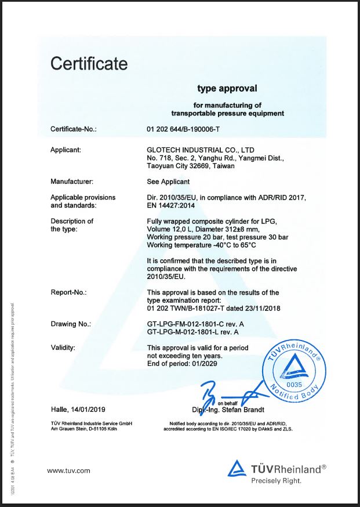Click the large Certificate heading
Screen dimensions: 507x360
point(89,63)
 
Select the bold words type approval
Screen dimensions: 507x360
point(227,89)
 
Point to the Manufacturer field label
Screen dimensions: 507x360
point(72,182)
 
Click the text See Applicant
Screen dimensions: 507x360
point(168,182)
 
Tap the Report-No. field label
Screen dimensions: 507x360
point(68,292)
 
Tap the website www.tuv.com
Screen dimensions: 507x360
point(68,470)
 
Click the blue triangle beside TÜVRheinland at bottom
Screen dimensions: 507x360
point(238,469)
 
